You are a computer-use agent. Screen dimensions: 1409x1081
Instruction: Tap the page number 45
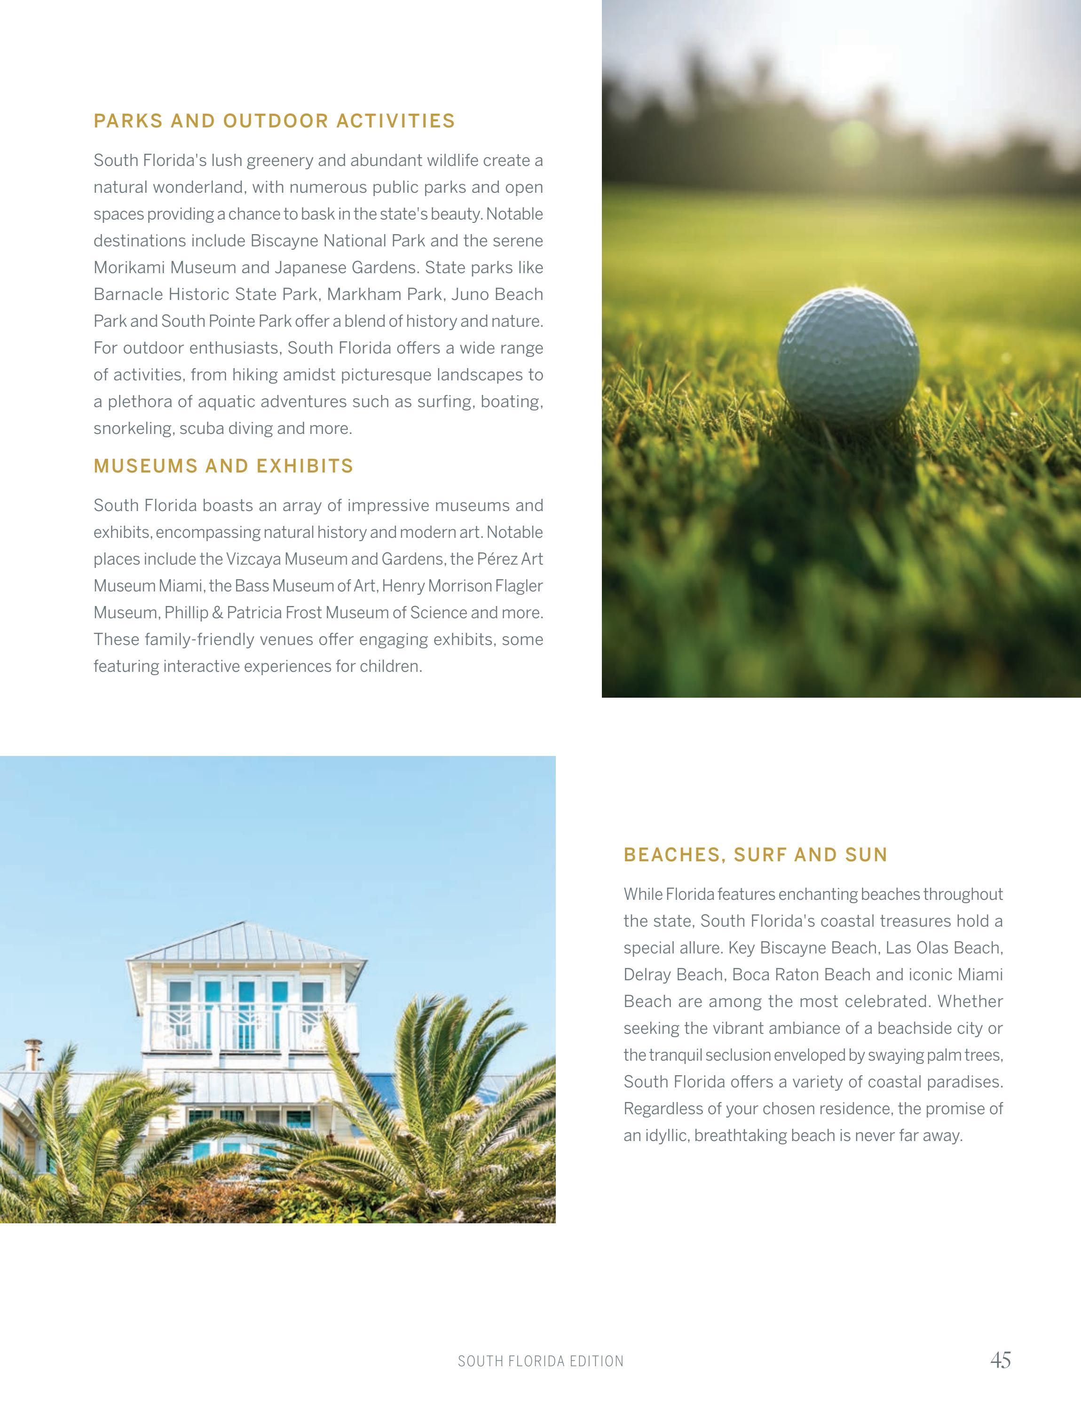tap(1001, 1360)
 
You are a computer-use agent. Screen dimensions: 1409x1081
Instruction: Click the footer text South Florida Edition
tap(541, 1362)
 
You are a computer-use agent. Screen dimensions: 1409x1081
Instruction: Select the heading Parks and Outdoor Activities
tap(274, 121)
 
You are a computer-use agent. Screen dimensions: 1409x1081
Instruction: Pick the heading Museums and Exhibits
tap(223, 466)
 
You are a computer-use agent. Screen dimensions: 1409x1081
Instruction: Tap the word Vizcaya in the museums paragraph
tap(253, 559)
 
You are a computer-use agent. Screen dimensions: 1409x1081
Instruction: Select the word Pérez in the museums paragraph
tap(497, 559)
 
